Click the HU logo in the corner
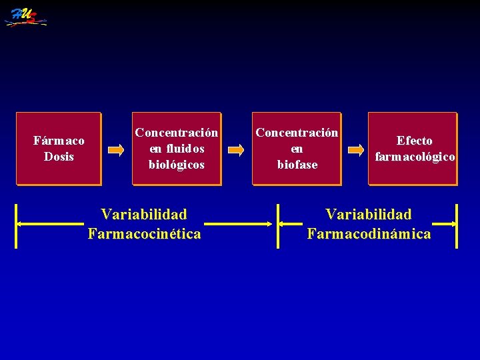point(25,17)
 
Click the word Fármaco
point(59,141)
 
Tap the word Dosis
point(59,157)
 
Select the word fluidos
point(177,148)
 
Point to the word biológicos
point(177,164)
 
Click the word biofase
point(297,164)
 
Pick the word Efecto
point(415,141)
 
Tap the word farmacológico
point(415,157)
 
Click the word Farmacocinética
point(144,234)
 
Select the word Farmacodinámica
point(369,234)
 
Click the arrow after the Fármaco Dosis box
point(116,150)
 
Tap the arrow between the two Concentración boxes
point(236,150)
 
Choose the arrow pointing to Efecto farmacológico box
point(356,150)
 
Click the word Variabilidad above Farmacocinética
point(144,215)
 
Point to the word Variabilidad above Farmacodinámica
point(369,215)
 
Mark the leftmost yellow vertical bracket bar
point(17,225)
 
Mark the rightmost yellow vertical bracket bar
point(457,225)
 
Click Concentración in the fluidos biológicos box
point(177,132)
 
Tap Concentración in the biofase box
point(297,132)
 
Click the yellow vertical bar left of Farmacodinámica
point(279,225)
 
